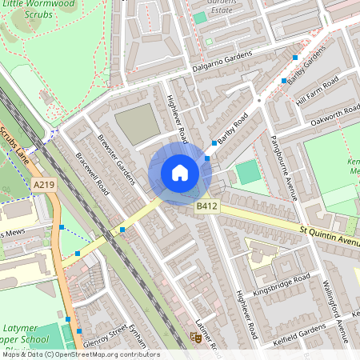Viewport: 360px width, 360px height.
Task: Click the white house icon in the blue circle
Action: [180, 173]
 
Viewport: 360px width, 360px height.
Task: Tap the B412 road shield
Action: [207, 207]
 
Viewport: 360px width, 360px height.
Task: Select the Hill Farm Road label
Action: [318, 90]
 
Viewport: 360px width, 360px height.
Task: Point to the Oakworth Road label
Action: [331, 116]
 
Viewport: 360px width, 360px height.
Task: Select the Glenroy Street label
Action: [106, 333]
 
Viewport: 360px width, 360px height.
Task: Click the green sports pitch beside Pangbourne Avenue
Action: [249, 171]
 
